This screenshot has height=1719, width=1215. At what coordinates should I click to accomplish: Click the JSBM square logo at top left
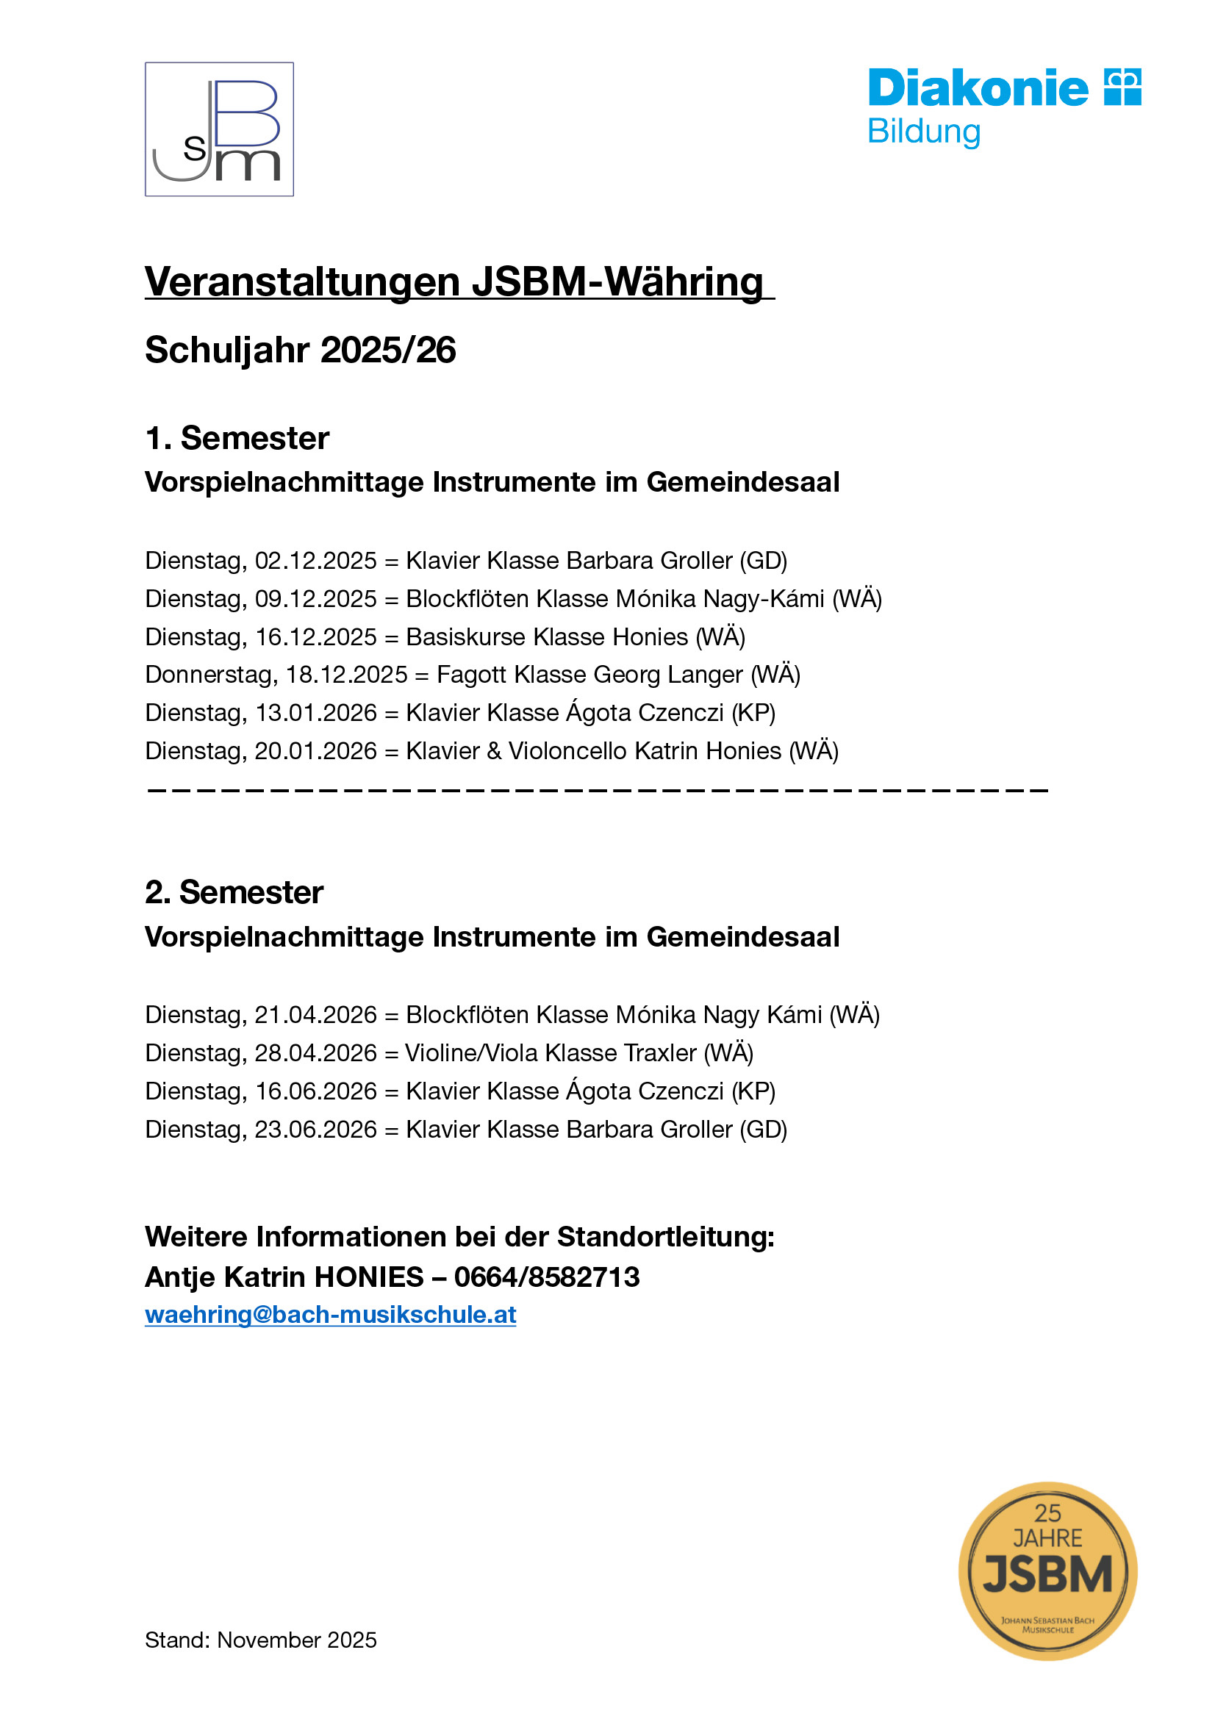click(218, 129)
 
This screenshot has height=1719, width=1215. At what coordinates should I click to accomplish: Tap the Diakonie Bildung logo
click(1003, 107)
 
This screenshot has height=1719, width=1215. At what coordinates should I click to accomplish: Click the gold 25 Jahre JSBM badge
click(1047, 1570)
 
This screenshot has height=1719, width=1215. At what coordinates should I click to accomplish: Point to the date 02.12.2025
click(316, 560)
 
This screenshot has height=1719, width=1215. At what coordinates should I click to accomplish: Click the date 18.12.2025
click(347, 675)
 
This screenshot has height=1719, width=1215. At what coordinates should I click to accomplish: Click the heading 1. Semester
click(237, 438)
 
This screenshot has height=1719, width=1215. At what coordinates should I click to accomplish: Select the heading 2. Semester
click(234, 892)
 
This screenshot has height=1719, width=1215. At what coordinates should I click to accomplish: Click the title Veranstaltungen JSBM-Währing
click(454, 282)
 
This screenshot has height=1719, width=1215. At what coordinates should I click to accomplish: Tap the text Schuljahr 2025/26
click(300, 350)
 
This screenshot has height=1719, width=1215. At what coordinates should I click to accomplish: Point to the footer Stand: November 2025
click(260, 1640)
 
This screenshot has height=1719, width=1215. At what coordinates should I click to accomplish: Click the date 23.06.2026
click(316, 1129)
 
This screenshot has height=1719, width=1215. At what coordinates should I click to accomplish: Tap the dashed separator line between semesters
click(597, 790)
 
